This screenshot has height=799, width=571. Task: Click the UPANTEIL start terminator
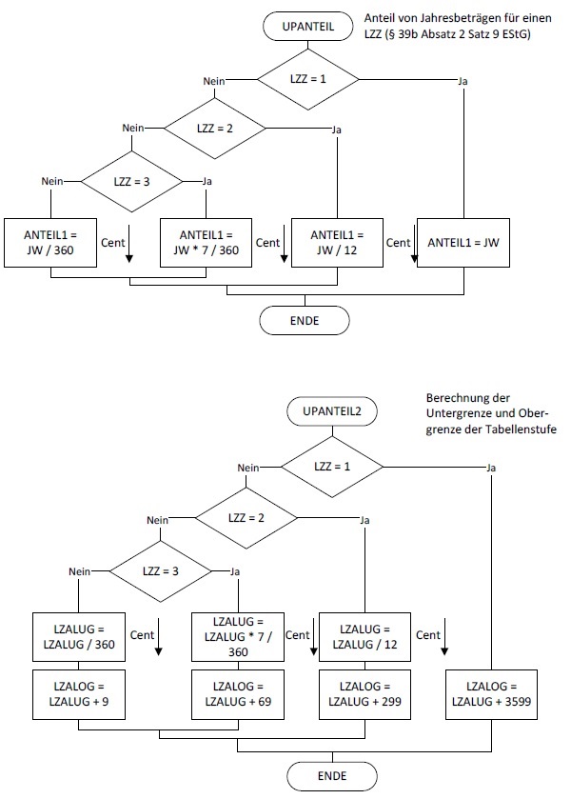pyautogui.click(x=308, y=28)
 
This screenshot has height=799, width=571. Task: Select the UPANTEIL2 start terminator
pyautogui.click(x=332, y=412)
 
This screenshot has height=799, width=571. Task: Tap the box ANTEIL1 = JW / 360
pyautogui.click(x=49, y=242)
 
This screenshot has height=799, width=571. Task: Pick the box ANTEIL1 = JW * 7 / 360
pyautogui.click(x=206, y=242)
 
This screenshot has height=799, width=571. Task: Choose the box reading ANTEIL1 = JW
pyautogui.click(x=463, y=242)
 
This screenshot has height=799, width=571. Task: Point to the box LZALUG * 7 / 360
pyautogui.click(x=237, y=637)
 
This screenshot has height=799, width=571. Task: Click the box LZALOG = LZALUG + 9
pyautogui.click(x=78, y=692)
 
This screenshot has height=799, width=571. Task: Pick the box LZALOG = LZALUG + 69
pyautogui.click(x=237, y=692)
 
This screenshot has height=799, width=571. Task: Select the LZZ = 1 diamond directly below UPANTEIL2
pyautogui.click(x=332, y=467)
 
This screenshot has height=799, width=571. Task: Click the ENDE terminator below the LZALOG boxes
pyautogui.click(x=332, y=775)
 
